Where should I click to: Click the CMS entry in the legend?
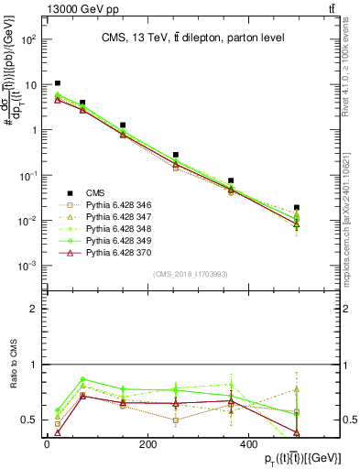[95, 192]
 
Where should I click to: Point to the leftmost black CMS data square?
[58, 83]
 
